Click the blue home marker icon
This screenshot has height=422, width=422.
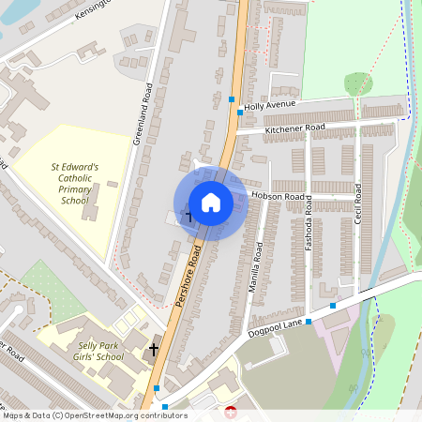[x=211, y=203]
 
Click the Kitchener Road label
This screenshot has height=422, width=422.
[x=294, y=128]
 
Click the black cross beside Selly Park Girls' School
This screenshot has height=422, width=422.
[x=154, y=351]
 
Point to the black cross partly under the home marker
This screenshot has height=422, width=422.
[x=187, y=218]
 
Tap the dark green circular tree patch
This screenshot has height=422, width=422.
[x=358, y=84]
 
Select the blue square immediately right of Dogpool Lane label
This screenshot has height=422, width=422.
[x=333, y=306]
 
